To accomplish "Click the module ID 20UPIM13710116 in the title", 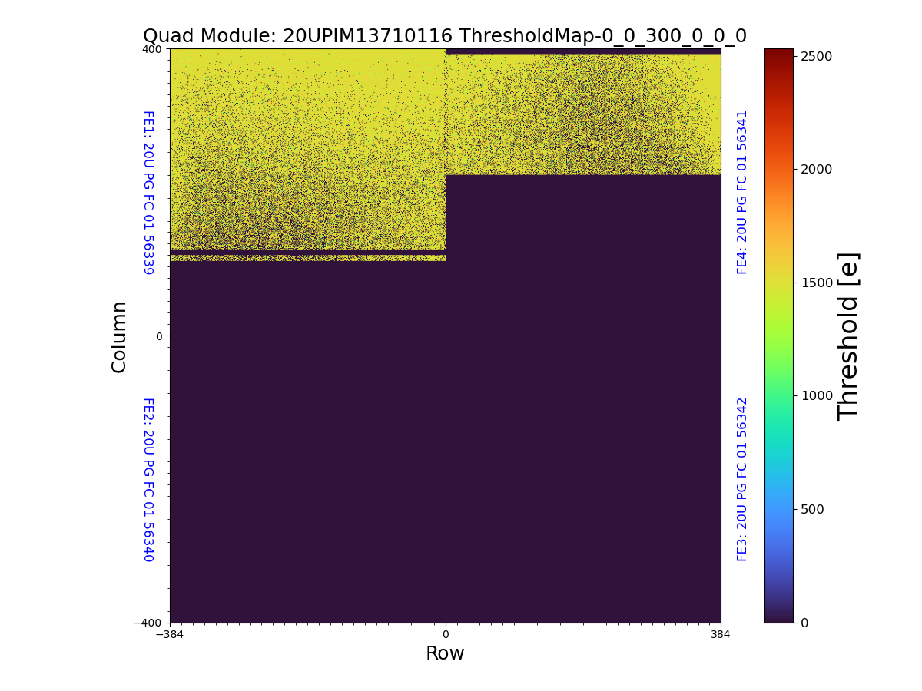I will pos(367,36).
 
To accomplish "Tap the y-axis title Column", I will pos(119,336).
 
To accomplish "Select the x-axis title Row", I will pos(445,653).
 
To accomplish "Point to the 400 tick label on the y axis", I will pos(152,49).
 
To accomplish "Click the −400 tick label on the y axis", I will pos(148,623).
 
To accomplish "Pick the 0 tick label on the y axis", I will pos(159,336).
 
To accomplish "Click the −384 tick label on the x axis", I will pos(170,635).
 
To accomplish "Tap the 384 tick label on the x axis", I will pos(721,635).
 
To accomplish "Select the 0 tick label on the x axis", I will pos(445,635).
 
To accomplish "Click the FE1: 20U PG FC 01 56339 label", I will pos(148,192).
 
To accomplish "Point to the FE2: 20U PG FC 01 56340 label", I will pos(148,479).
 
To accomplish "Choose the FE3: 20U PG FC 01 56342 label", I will pos(742,479).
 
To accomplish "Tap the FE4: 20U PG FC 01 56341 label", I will pos(742,192).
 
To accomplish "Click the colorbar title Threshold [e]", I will pos(848,336).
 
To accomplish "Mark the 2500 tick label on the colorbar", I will pos(818,56).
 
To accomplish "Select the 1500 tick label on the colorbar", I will pos(818,283).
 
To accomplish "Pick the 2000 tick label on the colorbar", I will pos(818,169).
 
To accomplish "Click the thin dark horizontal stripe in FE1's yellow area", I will pos(307,252).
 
